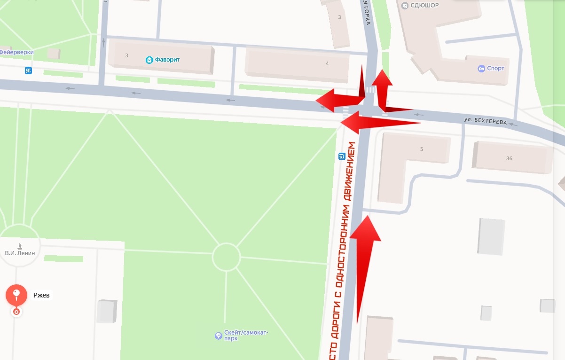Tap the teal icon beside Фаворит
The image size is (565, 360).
tap(149, 60)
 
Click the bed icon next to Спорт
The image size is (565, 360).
tap(481, 69)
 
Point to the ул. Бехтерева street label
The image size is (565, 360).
tap(486, 122)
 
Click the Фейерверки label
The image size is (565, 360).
tap(16, 52)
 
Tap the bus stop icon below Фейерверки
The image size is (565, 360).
tap(29, 71)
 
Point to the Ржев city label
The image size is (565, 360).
tap(41, 296)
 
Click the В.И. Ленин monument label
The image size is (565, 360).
tap(20, 253)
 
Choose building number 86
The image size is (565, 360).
tap(510, 159)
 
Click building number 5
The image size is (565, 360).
tap(422, 149)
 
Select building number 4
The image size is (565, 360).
tap(327, 63)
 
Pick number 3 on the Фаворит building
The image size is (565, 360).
tap(126, 55)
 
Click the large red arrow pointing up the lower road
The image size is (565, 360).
tap(364, 263)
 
